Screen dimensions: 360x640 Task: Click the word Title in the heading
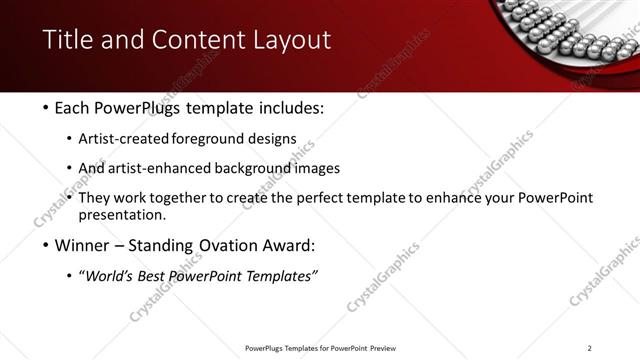point(67,41)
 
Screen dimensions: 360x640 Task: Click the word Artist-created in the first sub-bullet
point(138,138)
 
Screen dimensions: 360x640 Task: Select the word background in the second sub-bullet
point(246,168)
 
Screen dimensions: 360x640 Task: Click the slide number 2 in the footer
point(590,348)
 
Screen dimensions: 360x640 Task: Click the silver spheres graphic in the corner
point(570,30)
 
